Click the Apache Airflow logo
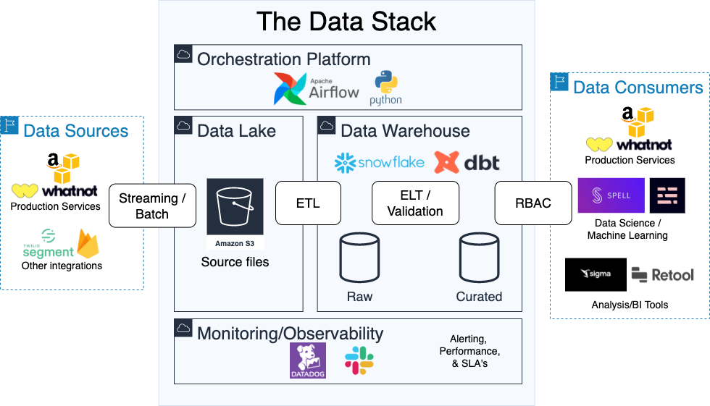click(x=316, y=88)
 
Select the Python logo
click(x=385, y=88)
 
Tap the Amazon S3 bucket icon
click(x=235, y=214)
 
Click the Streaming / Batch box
click(x=152, y=206)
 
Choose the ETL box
click(x=308, y=203)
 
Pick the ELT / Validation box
click(x=415, y=203)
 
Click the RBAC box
click(x=532, y=203)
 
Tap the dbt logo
click(x=467, y=162)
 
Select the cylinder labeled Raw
click(x=360, y=261)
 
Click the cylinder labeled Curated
click(x=479, y=261)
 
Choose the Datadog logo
click(x=308, y=360)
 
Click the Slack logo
click(x=359, y=360)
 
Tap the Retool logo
click(x=662, y=274)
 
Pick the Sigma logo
click(x=596, y=274)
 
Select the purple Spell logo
click(x=611, y=195)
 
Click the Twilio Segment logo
click(x=48, y=244)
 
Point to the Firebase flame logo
click(x=88, y=244)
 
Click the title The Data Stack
click(x=346, y=21)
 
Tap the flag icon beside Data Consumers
click(x=559, y=82)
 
